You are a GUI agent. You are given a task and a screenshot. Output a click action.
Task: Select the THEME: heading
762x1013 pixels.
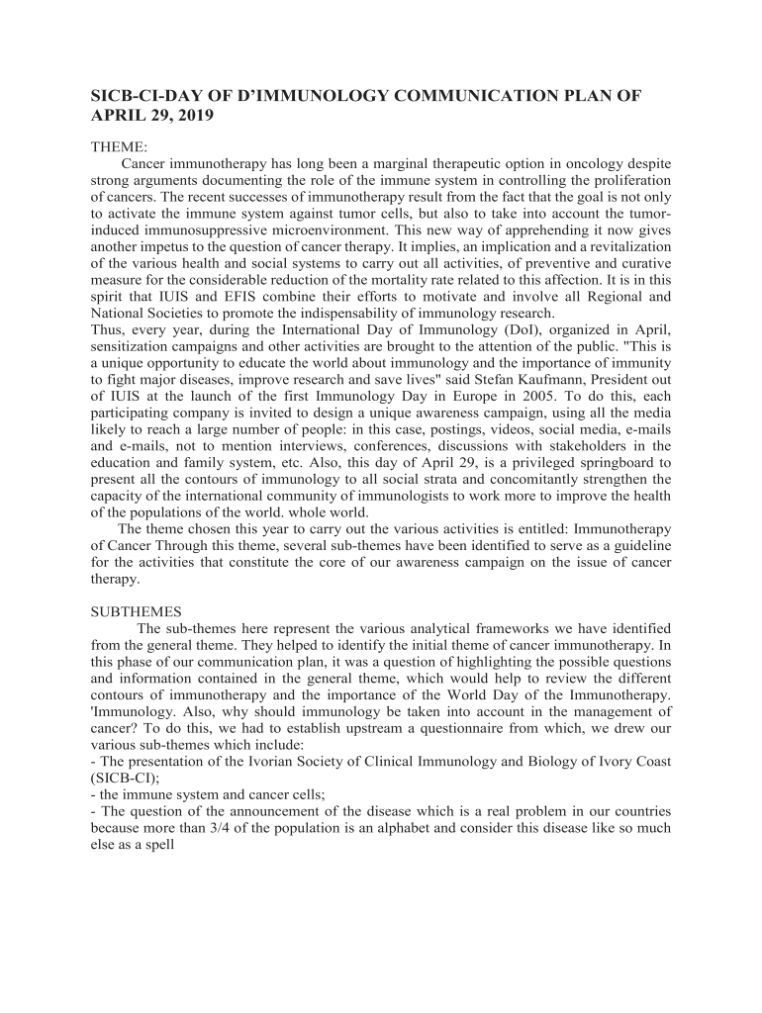click(119, 146)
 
